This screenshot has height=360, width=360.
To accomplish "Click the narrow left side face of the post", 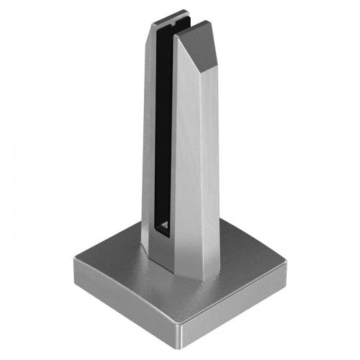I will point(147,144).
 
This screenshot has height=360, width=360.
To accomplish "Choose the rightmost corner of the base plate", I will point(285,269).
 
